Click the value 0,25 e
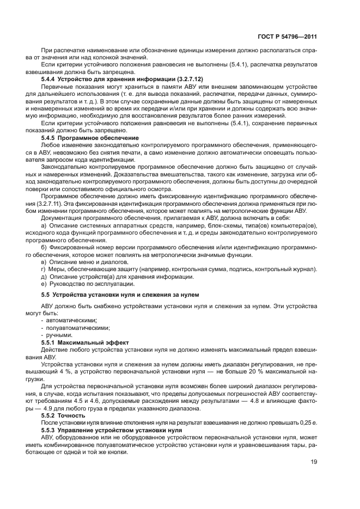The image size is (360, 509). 308,422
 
